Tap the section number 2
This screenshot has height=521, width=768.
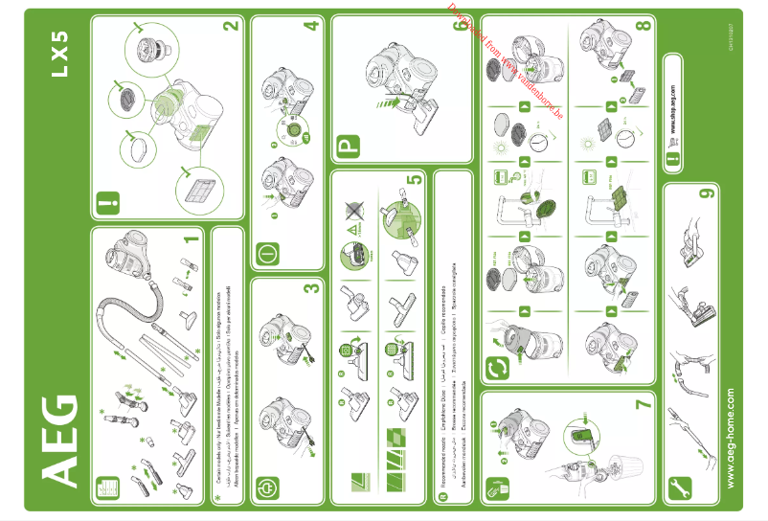pos(229,27)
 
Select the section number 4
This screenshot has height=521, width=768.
pos(310,25)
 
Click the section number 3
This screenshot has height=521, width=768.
pos(310,287)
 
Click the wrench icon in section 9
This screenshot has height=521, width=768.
pos(683,486)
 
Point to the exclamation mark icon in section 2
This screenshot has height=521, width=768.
pos(104,204)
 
